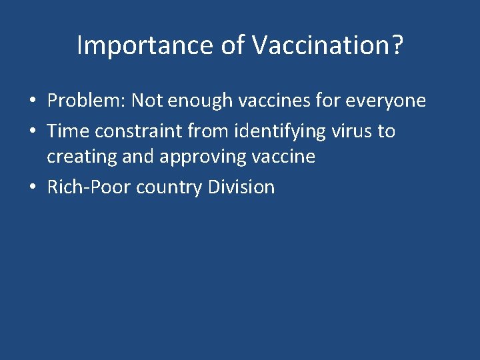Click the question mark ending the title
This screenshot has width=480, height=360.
(395, 46)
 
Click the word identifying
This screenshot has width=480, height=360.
(283, 131)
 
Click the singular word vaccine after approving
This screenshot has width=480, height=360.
(282, 157)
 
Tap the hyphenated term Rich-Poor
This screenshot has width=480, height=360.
(89, 187)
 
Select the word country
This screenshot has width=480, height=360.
(170, 187)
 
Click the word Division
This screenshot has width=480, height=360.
(241, 187)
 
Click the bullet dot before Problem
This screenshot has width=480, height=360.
(33, 101)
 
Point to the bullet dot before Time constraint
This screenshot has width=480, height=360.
(33, 131)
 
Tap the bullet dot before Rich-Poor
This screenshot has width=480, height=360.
(33, 188)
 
